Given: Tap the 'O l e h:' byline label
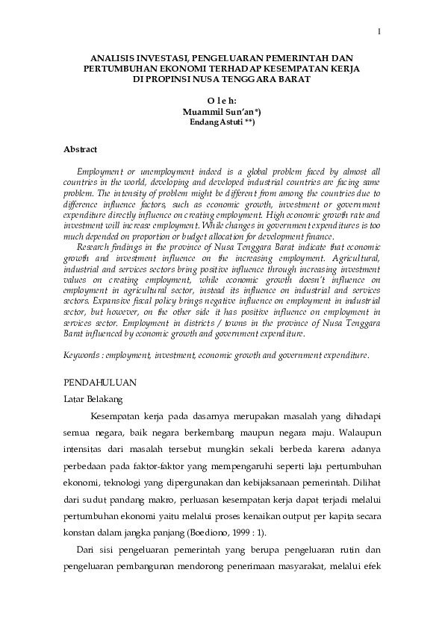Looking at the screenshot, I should tap(221, 98).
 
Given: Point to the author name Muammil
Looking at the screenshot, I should tap(205, 110).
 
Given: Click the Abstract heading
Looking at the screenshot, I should tap(81, 150).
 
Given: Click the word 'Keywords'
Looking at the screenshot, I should tap(83, 357).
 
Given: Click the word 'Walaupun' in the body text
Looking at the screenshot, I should tap(359, 432).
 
